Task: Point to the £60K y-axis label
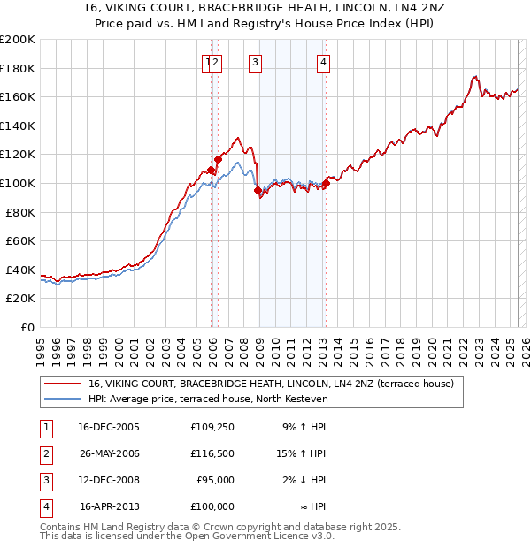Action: pos(20,240)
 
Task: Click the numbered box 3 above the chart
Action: pos(255,62)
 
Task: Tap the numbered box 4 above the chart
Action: pos(324,62)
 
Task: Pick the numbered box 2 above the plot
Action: pos(216,62)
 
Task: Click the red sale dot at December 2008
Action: pos(258,190)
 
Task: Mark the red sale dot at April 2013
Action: pos(326,183)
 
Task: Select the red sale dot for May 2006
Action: pos(218,159)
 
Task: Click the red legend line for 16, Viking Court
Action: pos(62,384)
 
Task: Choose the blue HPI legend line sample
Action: pos(62,400)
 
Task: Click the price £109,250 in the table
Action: pos(212,427)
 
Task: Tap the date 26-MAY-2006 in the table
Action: pos(110,453)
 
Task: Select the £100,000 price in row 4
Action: pos(212,506)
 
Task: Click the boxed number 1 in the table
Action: pos(45,427)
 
